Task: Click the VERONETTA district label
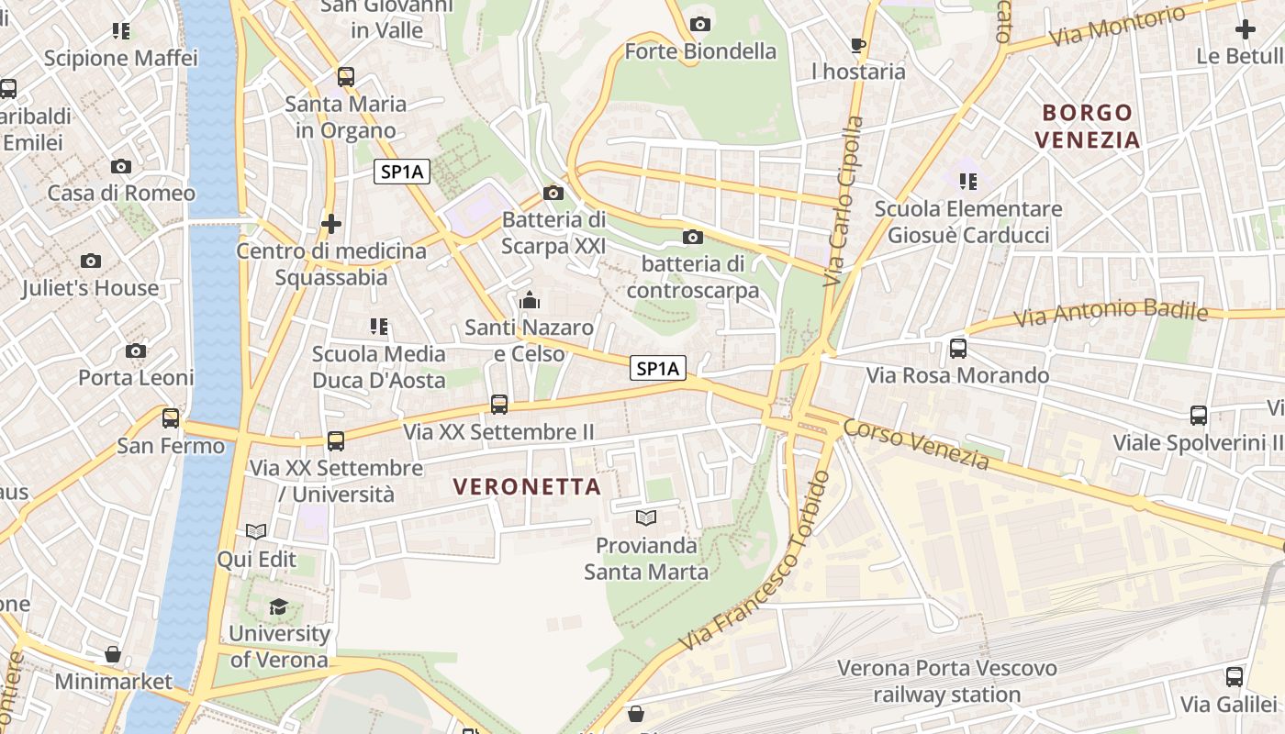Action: pyautogui.click(x=528, y=487)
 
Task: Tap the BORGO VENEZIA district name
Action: pyautogui.click(x=1088, y=127)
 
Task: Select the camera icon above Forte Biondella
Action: pyautogui.click(x=700, y=24)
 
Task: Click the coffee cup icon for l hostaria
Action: pyautogui.click(x=858, y=44)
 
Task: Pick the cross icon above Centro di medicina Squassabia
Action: pyautogui.click(x=331, y=223)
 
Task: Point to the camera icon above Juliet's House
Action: pyautogui.click(x=91, y=261)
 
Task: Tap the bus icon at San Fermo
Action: pyautogui.click(x=171, y=418)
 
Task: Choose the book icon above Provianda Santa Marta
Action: pyautogui.click(x=646, y=517)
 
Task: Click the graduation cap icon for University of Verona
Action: pyautogui.click(x=278, y=606)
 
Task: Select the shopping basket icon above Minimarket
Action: pyautogui.click(x=113, y=654)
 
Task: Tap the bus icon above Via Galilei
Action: pyautogui.click(x=1235, y=677)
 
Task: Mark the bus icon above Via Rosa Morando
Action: pyautogui.click(x=958, y=349)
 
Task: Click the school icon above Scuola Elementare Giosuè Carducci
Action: pyautogui.click(x=968, y=182)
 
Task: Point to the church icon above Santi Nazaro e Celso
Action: pyautogui.click(x=530, y=300)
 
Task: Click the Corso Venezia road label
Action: pyautogui.click(x=916, y=445)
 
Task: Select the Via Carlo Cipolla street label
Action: pyautogui.click(x=844, y=200)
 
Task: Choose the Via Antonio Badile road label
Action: pyautogui.click(x=1111, y=314)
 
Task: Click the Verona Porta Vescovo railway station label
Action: pyautogui.click(x=946, y=681)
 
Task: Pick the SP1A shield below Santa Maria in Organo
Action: pyautogui.click(x=402, y=172)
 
